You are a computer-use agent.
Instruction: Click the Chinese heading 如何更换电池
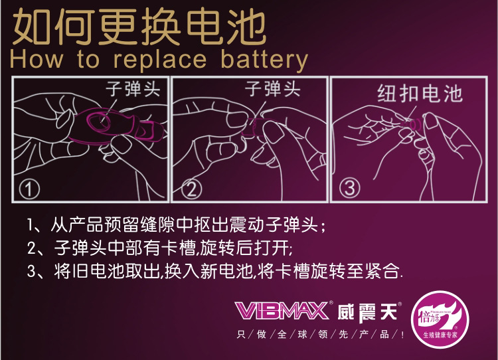pos(139,28)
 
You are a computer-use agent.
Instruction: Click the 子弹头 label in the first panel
pos(133,89)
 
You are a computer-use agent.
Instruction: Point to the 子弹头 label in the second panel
pos(272,89)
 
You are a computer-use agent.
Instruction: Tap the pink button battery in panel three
pos(416,124)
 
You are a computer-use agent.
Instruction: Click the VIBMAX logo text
pos(282,310)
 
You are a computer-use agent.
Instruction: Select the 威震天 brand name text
pos(365,310)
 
